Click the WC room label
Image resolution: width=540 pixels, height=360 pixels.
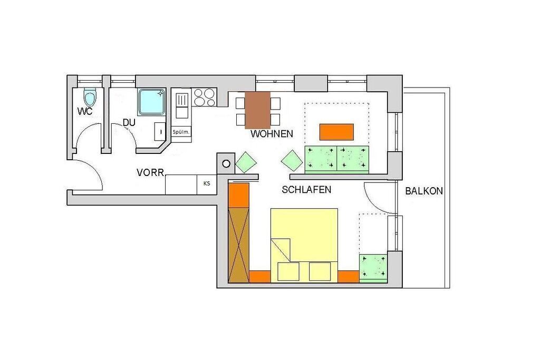click(85, 111)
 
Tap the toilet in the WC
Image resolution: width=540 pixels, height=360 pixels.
click(90, 96)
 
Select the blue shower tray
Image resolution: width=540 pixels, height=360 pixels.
click(151, 102)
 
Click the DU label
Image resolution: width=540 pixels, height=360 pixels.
click(129, 122)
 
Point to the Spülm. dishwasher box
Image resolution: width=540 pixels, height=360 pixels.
click(181, 132)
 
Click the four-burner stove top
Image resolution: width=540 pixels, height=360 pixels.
click(205, 98)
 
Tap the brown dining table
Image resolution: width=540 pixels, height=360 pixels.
click(257, 110)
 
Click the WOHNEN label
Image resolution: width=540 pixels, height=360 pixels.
click(272, 133)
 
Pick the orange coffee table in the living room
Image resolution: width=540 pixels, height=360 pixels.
click(337, 132)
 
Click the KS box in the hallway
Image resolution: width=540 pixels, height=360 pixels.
click(207, 184)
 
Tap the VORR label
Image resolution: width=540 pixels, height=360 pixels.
click(150, 172)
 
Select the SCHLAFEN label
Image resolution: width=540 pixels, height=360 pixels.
click(306, 189)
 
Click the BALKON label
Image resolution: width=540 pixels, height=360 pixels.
click(424, 191)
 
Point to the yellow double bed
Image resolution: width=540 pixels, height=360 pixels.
click(304, 245)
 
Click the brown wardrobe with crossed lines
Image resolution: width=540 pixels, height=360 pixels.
click(239, 245)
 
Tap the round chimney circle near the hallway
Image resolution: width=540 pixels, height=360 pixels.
click(226, 164)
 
